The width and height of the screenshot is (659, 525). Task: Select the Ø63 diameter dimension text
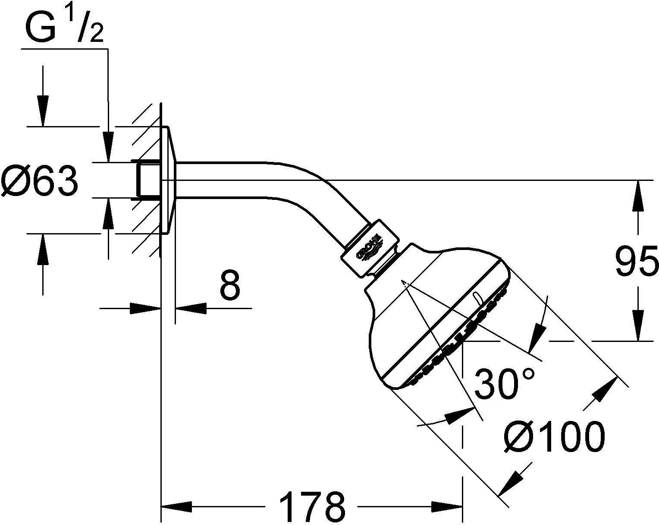40,181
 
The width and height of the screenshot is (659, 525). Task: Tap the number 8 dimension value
229,286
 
